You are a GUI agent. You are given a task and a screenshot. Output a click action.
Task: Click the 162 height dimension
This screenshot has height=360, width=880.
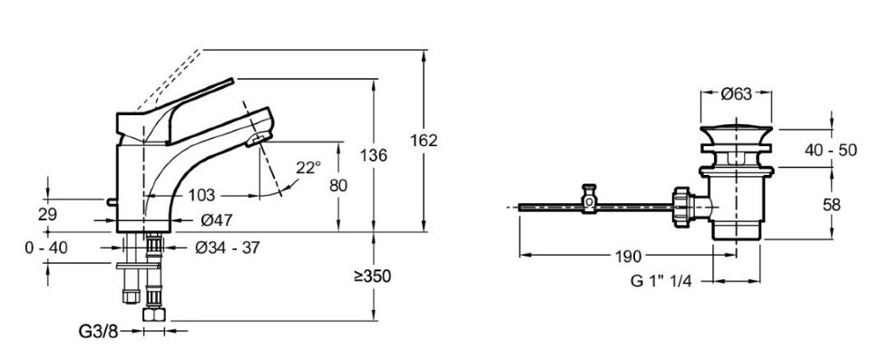click(424, 141)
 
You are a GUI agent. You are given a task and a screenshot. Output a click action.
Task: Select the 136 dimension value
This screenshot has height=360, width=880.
click(374, 155)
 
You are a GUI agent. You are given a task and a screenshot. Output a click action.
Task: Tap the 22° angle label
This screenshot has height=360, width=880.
click(308, 167)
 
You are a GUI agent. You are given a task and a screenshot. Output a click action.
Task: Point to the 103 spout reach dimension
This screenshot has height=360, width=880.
click(201, 195)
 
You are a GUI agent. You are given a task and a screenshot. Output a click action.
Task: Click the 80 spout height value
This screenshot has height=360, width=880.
click(338, 186)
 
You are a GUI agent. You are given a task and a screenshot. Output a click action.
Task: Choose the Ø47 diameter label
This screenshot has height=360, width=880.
click(217, 221)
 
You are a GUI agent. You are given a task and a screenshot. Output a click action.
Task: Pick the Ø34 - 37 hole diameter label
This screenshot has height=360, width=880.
click(228, 248)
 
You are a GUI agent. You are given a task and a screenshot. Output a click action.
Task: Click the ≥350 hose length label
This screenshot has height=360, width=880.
click(372, 276)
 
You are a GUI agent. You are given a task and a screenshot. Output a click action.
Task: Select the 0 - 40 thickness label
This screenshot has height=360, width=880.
click(46, 248)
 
